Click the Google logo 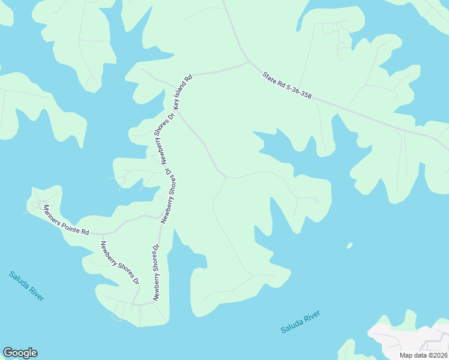20,353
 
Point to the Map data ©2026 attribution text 424,355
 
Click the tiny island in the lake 349,245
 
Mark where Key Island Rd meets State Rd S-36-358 249,62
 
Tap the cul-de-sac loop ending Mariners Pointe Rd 42,204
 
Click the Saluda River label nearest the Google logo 26,286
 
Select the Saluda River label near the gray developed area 300,322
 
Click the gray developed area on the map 408,339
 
